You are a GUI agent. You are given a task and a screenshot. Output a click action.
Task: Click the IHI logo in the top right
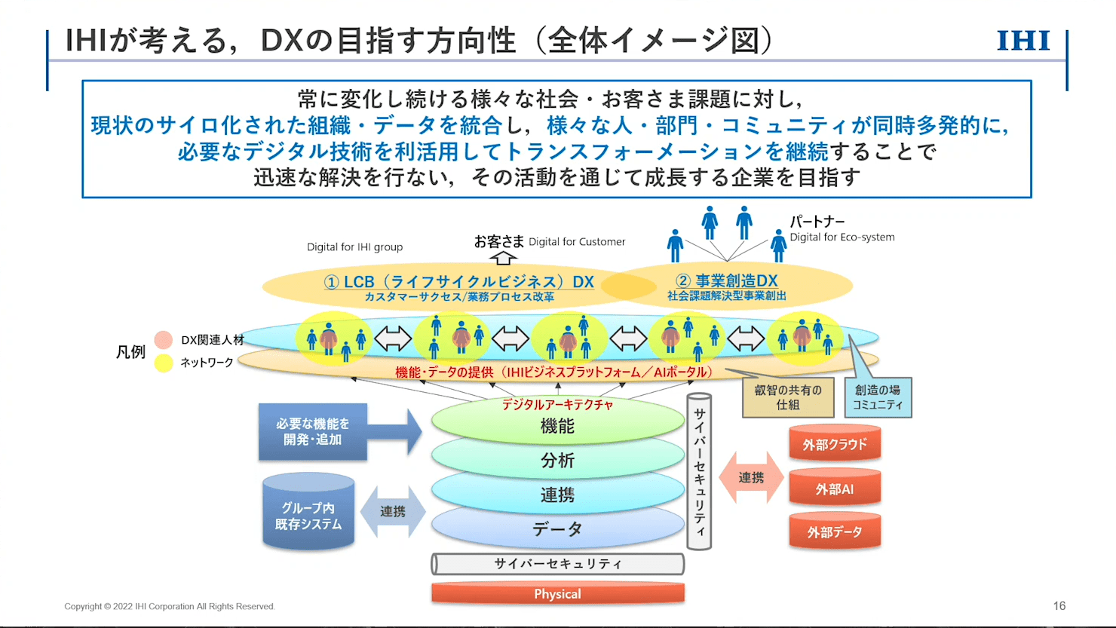pos(1023,41)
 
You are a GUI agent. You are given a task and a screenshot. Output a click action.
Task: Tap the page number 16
pos(1059,606)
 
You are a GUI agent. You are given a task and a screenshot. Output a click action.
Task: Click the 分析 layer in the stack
pos(557,461)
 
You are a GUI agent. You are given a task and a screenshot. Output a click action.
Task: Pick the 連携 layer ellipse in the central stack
pos(557,495)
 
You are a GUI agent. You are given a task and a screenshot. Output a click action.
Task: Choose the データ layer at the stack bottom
pos(557,530)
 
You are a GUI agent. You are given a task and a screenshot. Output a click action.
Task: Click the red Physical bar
pos(557,594)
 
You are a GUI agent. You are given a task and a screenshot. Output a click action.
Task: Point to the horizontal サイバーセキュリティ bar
pos(557,564)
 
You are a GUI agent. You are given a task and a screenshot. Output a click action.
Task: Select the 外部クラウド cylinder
pos(835,445)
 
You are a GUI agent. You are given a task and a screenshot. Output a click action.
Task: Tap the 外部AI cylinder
pos(835,489)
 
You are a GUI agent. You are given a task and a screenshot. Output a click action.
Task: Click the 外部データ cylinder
pos(835,532)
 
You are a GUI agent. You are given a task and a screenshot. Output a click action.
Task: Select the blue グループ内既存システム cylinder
pos(308,515)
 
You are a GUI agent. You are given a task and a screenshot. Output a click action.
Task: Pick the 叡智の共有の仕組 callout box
pos(788,398)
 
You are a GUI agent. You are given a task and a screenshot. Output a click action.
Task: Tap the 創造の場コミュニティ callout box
pos(877,398)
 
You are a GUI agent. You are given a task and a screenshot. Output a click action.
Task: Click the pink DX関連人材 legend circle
pos(164,340)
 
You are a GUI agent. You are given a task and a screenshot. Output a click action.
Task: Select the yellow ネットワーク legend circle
pos(164,363)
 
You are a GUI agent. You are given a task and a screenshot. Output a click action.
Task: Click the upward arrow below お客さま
pos(503,258)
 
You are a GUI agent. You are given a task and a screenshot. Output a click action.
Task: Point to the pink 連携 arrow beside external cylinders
pos(751,478)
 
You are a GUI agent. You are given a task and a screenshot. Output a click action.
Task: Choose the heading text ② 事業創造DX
pos(727,281)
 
